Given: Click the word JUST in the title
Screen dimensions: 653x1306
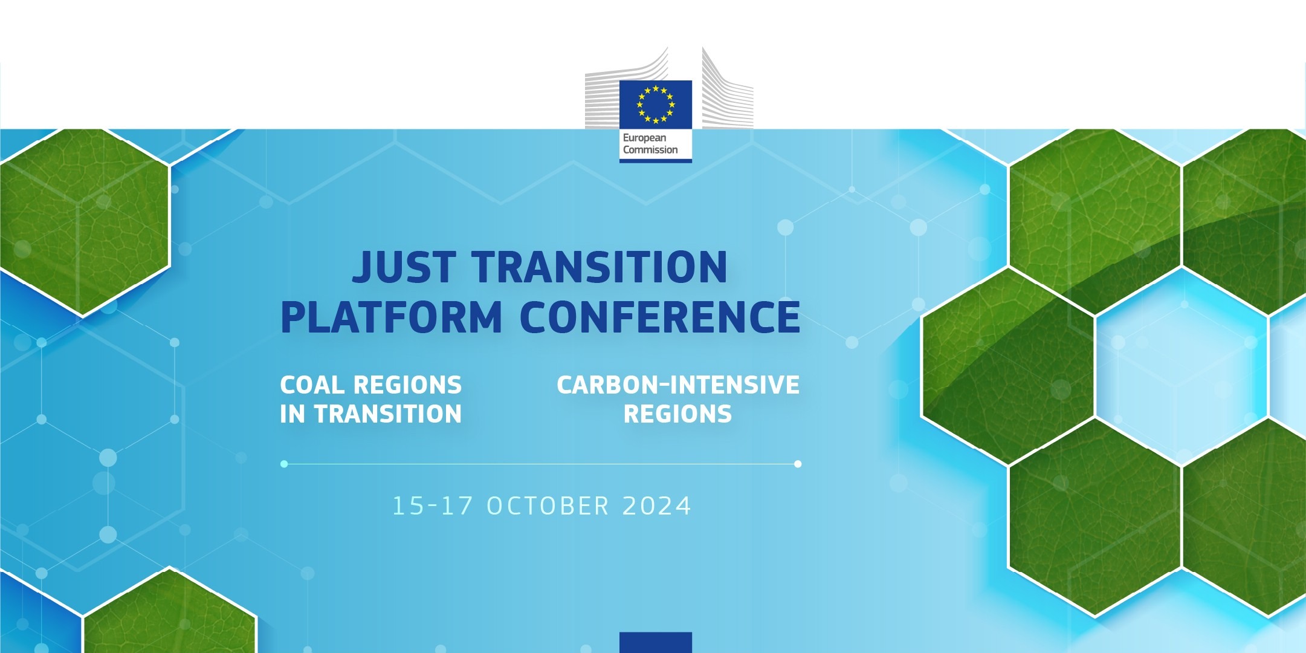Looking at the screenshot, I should point(403,267).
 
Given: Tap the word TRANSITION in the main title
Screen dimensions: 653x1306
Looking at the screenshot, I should point(600,267).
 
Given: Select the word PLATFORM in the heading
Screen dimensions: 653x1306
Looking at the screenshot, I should point(391,317).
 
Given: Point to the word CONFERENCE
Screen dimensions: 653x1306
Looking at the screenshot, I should point(660,317).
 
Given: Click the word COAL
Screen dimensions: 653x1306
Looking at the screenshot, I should point(312,385).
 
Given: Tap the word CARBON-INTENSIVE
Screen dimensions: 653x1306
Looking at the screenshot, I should point(677,385).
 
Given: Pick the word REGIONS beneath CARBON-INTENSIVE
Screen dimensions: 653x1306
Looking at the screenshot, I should point(677,415).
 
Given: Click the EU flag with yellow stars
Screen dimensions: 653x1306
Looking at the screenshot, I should point(655,104).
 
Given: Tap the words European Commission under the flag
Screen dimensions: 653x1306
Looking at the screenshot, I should point(650,144).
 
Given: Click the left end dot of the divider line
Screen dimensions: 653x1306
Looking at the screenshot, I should point(284,464).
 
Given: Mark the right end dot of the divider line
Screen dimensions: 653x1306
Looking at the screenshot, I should point(798,464).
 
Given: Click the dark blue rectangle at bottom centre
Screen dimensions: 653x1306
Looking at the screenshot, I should point(655,642).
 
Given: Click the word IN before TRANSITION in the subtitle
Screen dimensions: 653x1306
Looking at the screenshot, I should point(293,415).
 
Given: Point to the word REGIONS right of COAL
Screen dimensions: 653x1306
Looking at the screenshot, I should point(407,385).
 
